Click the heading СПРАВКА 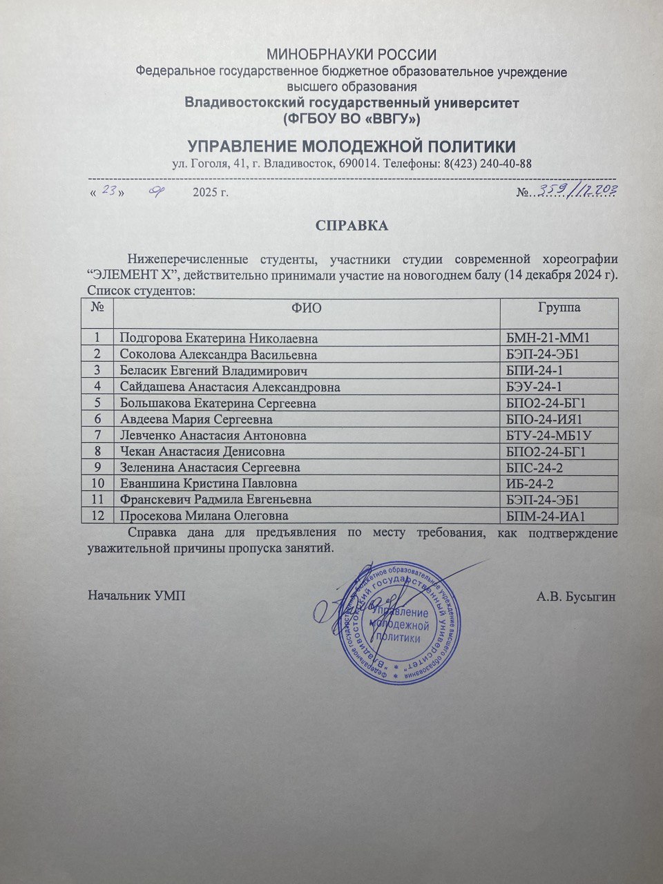point(352,226)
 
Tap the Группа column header point(559,307)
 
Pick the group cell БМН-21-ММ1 point(550,338)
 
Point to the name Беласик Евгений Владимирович point(213,371)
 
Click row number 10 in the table point(97,483)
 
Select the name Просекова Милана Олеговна point(204,516)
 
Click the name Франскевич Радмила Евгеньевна point(215,499)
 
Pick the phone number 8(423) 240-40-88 point(487,164)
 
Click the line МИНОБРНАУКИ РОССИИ point(352,55)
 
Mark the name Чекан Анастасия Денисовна point(202,452)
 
